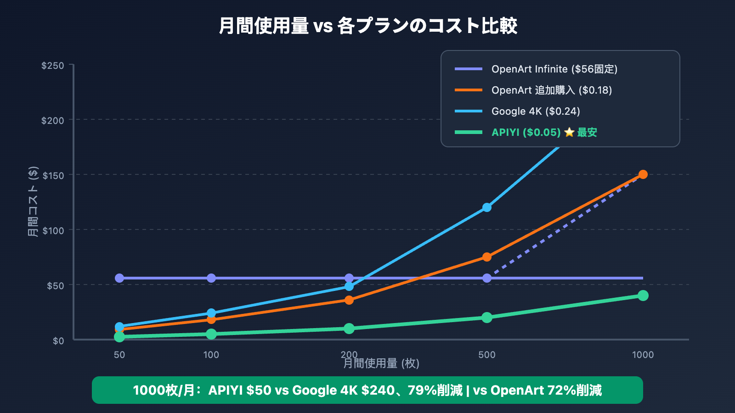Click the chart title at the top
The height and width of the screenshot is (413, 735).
pos(367,26)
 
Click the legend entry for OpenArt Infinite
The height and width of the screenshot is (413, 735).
pos(554,69)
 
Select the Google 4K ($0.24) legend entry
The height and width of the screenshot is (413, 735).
pos(536,111)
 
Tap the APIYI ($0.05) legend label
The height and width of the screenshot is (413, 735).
pos(526,132)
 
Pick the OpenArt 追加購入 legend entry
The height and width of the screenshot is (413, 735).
pos(551,90)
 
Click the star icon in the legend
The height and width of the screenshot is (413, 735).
pos(569,132)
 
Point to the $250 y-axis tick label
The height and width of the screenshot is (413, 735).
pos(53,65)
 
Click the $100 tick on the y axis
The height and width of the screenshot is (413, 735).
pos(53,230)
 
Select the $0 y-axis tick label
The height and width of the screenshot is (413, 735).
pos(58,340)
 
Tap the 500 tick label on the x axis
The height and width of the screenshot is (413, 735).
pos(487,354)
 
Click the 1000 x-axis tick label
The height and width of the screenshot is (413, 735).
pos(643,354)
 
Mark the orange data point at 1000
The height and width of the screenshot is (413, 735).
pos(643,174)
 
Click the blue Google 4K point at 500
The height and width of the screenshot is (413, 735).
pos(487,207)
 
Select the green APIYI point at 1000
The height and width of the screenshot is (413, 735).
pos(643,296)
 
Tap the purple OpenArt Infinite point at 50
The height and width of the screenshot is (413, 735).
pos(119,278)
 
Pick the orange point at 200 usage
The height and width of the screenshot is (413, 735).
pos(349,300)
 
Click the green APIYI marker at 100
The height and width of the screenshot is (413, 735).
pos(211,334)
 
